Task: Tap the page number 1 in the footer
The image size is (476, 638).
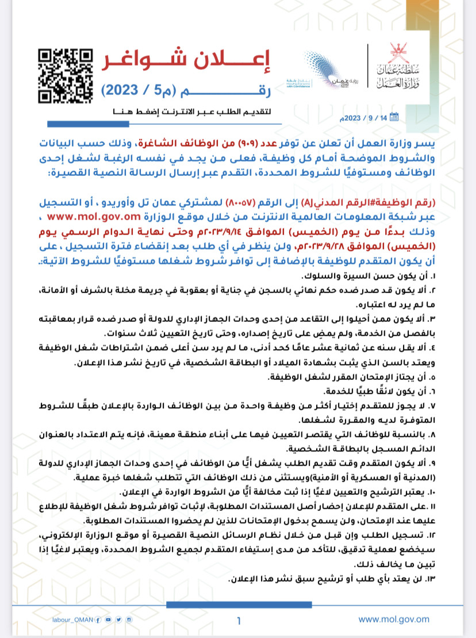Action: [x=239, y=620]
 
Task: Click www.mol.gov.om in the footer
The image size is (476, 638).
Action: [x=394, y=620]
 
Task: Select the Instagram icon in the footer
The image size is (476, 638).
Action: [x=129, y=620]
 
